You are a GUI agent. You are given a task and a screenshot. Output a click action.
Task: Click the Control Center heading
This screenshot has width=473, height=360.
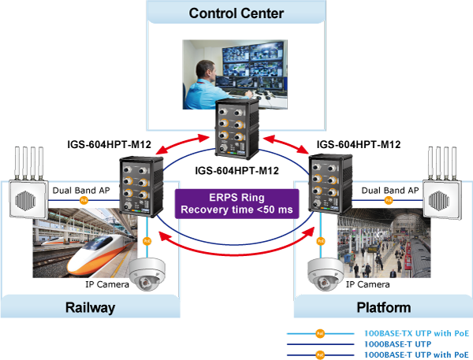(x=236, y=13)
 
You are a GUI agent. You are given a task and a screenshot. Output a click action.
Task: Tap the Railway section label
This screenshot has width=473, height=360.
(x=90, y=307)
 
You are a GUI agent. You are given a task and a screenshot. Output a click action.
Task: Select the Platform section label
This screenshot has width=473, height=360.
(x=384, y=307)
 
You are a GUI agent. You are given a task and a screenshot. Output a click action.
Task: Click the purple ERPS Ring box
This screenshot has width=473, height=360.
(x=236, y=203)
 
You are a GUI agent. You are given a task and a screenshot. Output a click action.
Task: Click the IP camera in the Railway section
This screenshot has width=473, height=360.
(x=147, y=274)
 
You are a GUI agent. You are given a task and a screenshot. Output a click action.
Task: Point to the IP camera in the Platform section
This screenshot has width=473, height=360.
(x=326, y=274)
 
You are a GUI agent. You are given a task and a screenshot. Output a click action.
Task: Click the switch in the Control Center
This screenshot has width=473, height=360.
(x=237, y=129)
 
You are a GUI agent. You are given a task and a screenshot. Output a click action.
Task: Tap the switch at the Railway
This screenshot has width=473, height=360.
(x=141, y=186)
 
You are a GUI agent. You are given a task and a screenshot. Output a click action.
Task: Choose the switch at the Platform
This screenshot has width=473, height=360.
(x=330, y=184)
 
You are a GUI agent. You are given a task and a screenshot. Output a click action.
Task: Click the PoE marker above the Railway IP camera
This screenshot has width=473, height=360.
(x=147, y=241)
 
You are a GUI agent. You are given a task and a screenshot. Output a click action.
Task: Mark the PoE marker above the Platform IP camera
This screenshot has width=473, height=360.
(x=321, y=241)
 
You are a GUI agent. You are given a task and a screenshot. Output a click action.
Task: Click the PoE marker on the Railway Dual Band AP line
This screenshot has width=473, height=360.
(x=84, y=200)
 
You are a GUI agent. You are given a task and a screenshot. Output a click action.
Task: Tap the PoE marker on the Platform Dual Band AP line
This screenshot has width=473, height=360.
(x=389, y=200)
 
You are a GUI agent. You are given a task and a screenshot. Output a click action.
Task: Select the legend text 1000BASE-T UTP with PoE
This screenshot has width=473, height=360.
(x=416, y=354)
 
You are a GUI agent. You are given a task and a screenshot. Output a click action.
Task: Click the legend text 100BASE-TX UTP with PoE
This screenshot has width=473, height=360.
(x=416, y=333)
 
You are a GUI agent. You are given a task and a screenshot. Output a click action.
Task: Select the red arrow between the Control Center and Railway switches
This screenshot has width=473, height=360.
(x=184, y=145)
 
